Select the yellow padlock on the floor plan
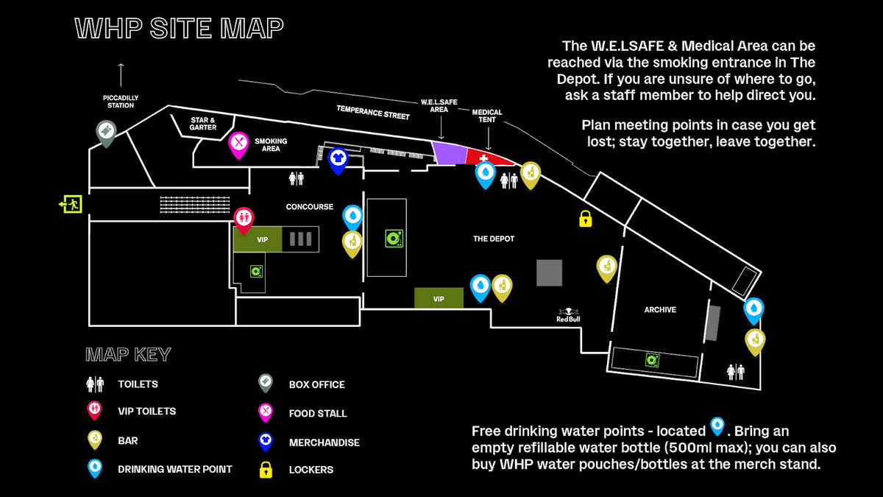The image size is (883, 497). click(586, 219)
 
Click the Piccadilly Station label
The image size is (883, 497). click(121, 101)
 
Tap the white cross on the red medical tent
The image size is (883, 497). click(483, 156)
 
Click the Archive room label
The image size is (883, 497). click(660, 310)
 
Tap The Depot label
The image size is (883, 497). click(494, 239)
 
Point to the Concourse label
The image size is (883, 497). click(309, 207)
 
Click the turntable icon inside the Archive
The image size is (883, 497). click(651, 359)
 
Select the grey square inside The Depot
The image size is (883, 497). click(548, 272)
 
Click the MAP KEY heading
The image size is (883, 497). click(128, 355)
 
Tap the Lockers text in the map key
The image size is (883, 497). click(311, 470)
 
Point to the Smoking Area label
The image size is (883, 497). click(271, 144)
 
